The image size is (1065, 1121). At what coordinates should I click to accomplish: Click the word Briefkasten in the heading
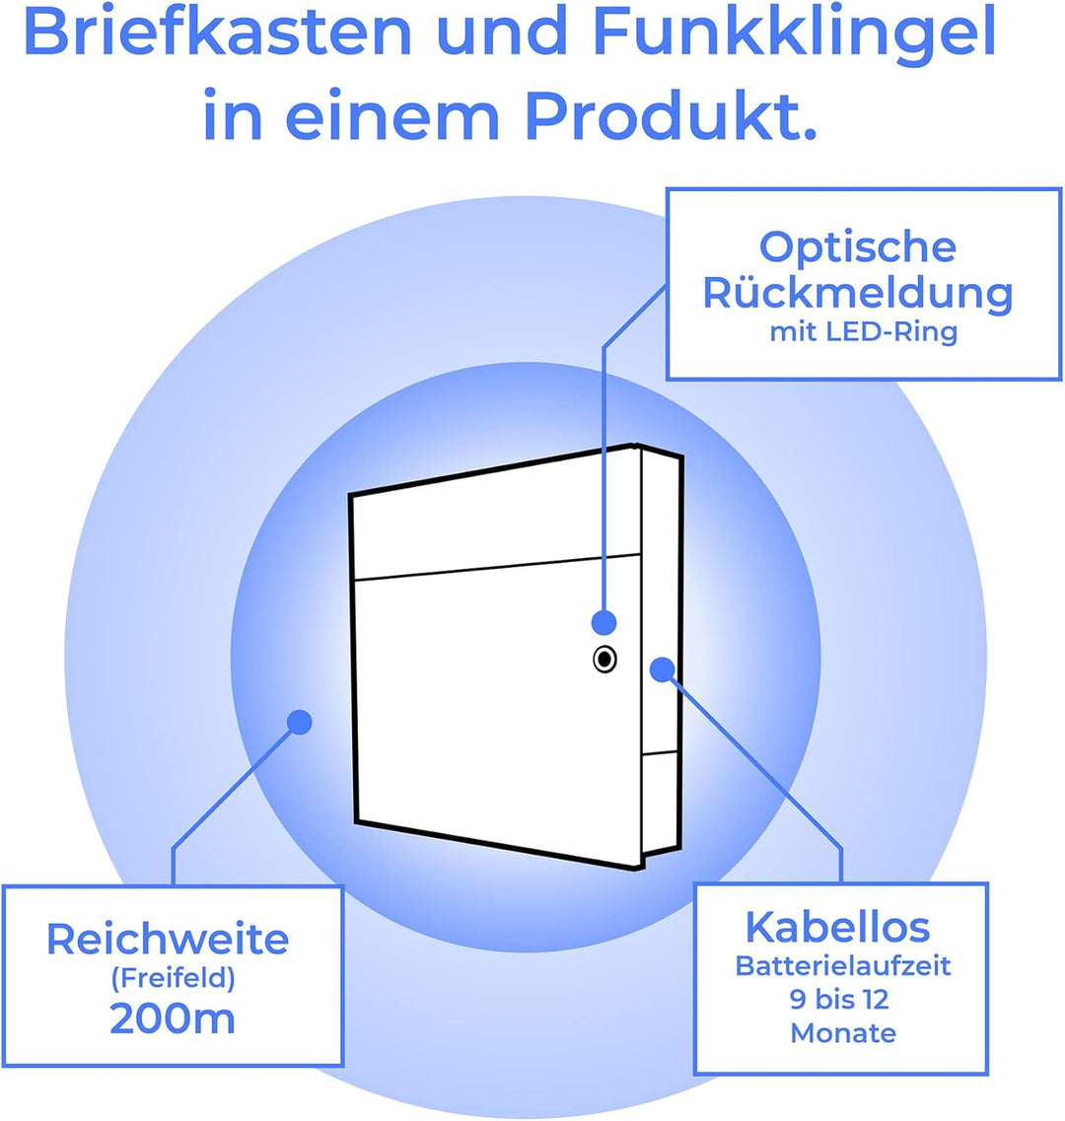pyautogui.click(x=217, y=33)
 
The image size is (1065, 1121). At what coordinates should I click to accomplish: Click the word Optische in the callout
pyautogui.click(x=858, y=247)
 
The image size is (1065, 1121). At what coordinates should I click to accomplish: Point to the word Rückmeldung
pyautogui.click(x=858, y=294)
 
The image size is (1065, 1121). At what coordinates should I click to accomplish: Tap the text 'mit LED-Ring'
pyautogui.click(x=863, y=332)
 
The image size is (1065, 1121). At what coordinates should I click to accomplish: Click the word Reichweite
pyautogui.click(x=168, y=939)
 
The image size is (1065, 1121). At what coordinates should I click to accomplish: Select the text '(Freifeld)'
pyautogui.click(x=174, y=978)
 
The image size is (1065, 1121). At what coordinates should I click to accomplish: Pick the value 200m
pyautogui.click(x=173, y=1018)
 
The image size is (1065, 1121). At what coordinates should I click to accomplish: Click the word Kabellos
pyautogui.click(x=837, y=927)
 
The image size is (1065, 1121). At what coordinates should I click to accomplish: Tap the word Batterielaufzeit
pyautogui.click(x=843, y=966)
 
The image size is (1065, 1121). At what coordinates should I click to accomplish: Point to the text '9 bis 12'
pyautogui.click(x=840, y=1000)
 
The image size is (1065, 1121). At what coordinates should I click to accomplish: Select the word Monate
pyautogui.click(x=843, y=1033)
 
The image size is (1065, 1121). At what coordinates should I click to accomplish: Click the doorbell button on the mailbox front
pyautogui.click(x=605, y=660)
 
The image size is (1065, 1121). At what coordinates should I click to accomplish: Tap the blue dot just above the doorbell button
pyautogui.click(x=604, y=623)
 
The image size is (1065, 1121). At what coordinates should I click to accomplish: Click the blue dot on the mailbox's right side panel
pyautogui.click(x=663, y=669)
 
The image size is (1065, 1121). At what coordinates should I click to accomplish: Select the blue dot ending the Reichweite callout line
pyautogui.click(x=300, y=722)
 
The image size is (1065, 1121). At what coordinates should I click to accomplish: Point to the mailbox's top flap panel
pyautogui.click(x=495, y=515)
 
